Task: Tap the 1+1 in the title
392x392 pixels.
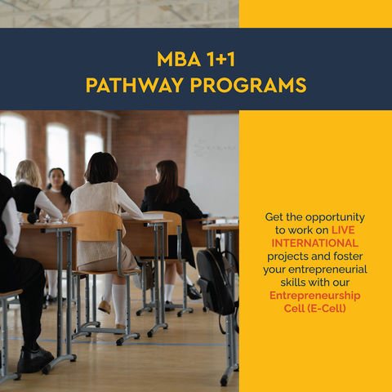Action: (220, 60)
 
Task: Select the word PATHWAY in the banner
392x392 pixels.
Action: (134, 85)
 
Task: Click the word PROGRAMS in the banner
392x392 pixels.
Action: (248, 85)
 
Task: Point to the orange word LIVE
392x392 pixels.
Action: (343, 230)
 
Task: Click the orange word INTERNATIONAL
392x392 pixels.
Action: (314, 243)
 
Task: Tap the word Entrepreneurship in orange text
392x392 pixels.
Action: (315, 296)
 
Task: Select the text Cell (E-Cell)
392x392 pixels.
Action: (315, 309)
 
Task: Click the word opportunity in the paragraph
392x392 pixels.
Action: (335, 218)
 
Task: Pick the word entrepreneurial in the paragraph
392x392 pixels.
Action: (327, 270)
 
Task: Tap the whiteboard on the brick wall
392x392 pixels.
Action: (212, 163)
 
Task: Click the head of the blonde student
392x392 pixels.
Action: (28, 173)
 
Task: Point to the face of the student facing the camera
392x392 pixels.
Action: (56, 178)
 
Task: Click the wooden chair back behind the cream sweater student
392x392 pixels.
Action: (96, 225)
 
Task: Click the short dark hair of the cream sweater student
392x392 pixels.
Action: (101, 167)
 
